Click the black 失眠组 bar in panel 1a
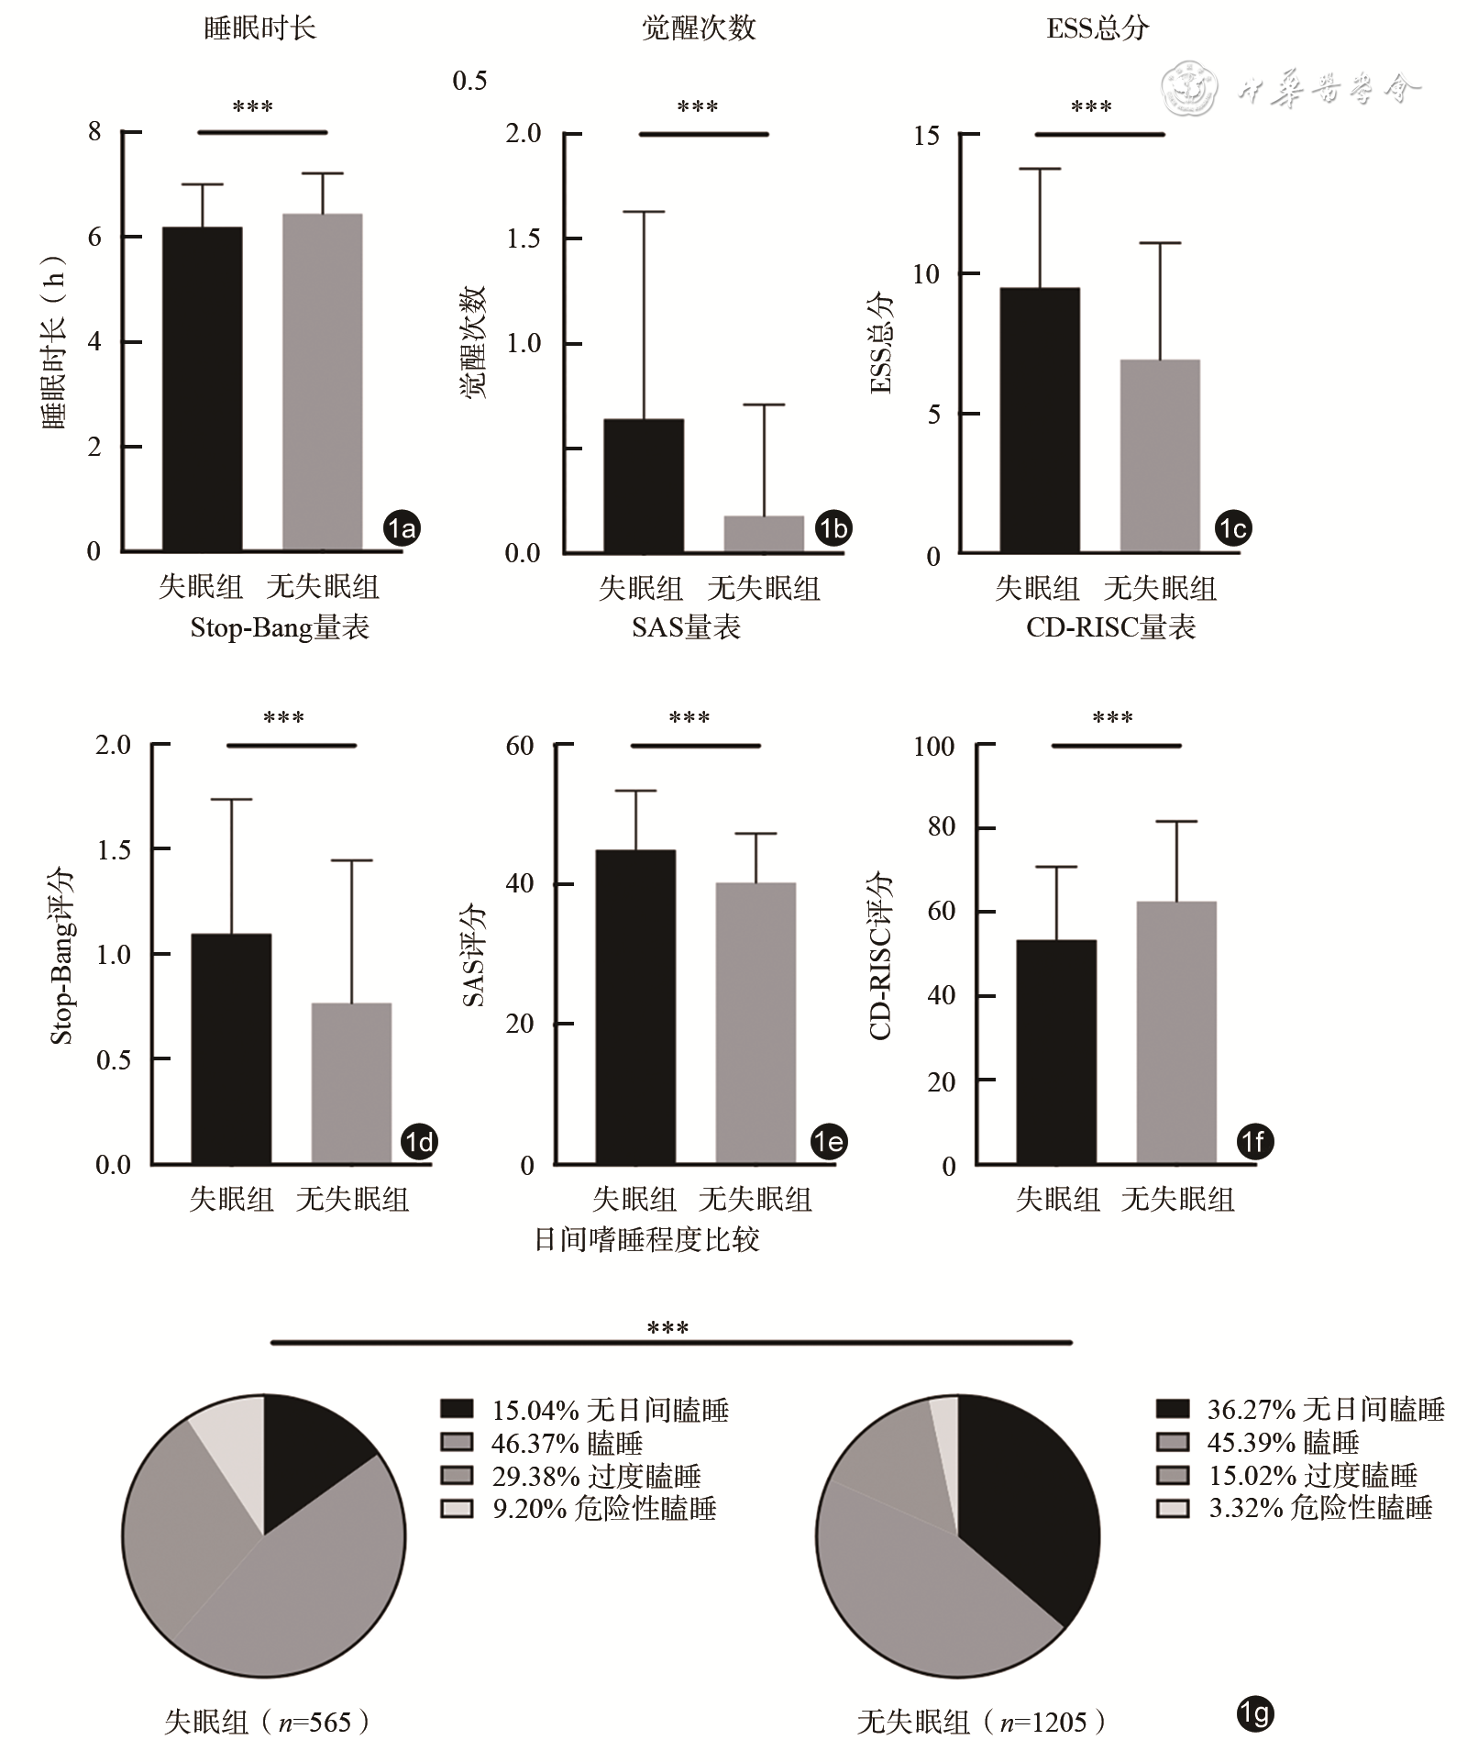point(202,389)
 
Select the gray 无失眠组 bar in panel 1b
point(764,534)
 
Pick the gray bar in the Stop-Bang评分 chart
point(351,1083)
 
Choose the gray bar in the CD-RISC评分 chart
point(1176,1033)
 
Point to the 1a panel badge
point(402,528)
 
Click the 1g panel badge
point(1254,1713)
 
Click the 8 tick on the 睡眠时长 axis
point(94,132)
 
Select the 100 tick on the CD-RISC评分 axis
point(934,747)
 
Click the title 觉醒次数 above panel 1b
point(699,28)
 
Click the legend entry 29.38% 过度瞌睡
point(571,1476)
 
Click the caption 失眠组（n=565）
point(267,1722)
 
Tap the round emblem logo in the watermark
point(1189,90)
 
